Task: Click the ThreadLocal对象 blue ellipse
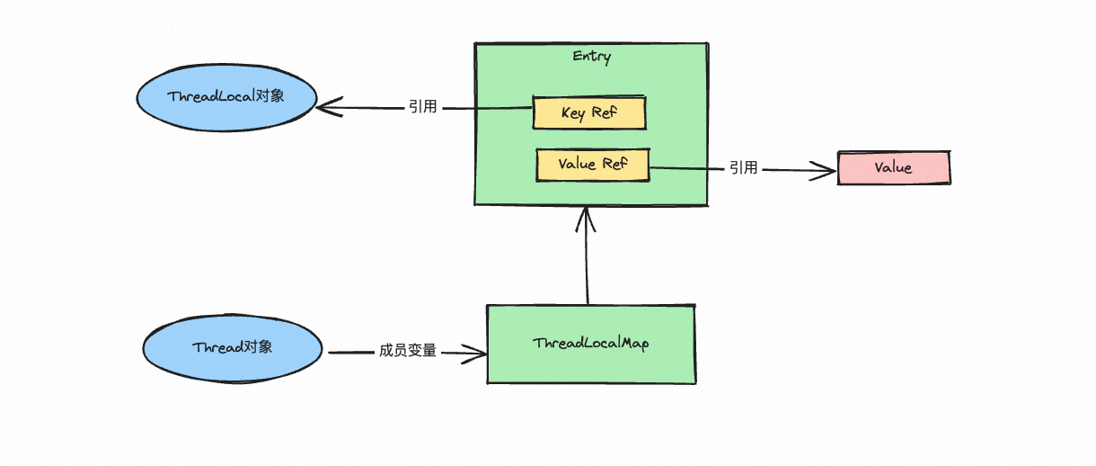coord(225,95)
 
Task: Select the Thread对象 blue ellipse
coord(232,347)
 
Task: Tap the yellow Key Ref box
coord(589,113)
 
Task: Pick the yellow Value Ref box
coord(592,165)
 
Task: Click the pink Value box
coord(893,168)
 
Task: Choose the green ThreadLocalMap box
coord(590,344)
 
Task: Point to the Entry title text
coord(591,57)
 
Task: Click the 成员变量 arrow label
coord(408,351)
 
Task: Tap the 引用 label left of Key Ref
coord(422,107)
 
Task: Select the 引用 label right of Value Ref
coord(743,167)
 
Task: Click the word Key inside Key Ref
coord(573,113)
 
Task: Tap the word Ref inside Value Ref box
coord(614,165)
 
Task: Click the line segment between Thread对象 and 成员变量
coord(350,352)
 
